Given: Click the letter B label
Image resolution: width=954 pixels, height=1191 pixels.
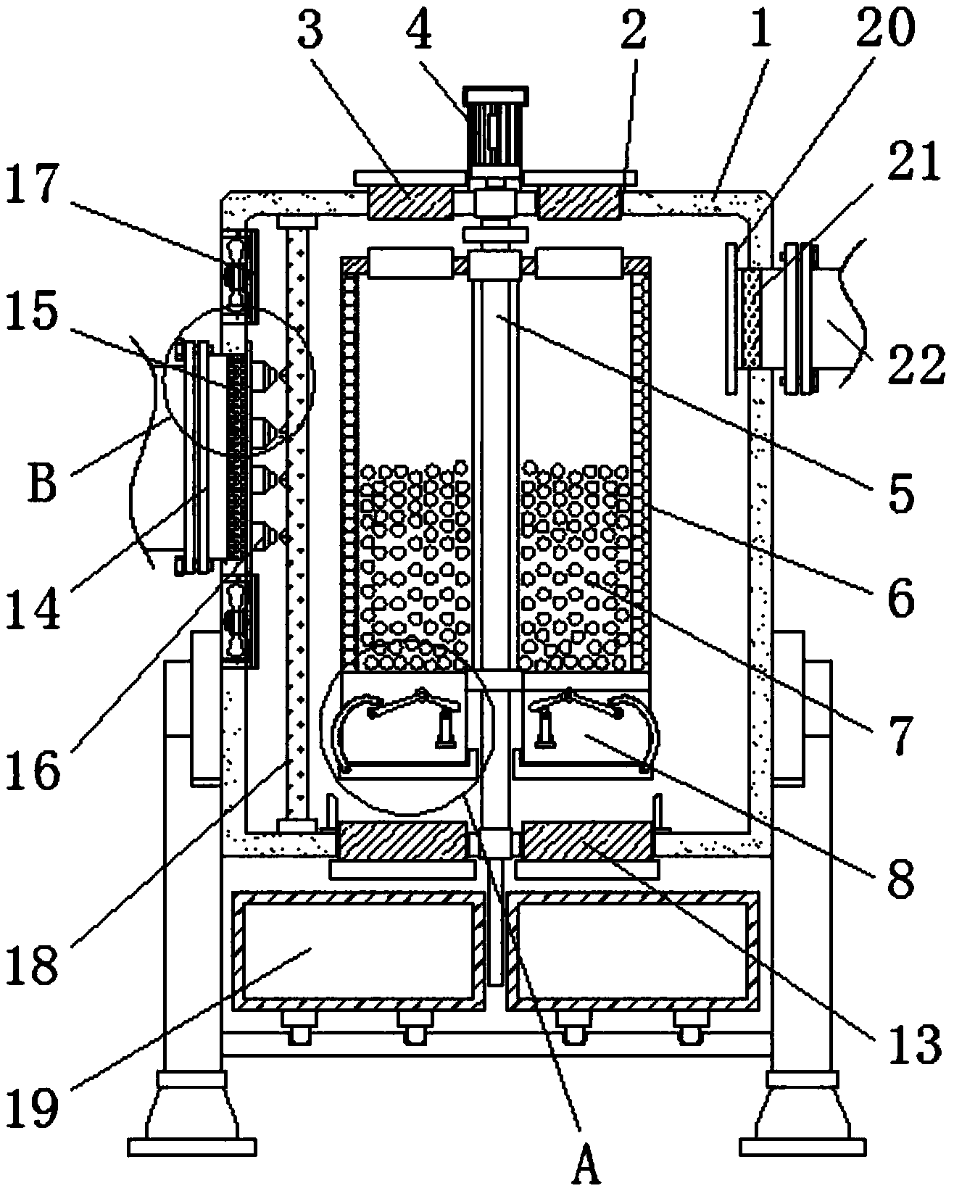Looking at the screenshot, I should pos(43,484).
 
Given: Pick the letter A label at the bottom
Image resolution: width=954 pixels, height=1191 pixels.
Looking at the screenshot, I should pos(586,1165).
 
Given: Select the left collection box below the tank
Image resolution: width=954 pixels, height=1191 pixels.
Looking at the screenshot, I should pos(358,950).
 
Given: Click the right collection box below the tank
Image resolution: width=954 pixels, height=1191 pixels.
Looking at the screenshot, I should pos(633,950).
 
